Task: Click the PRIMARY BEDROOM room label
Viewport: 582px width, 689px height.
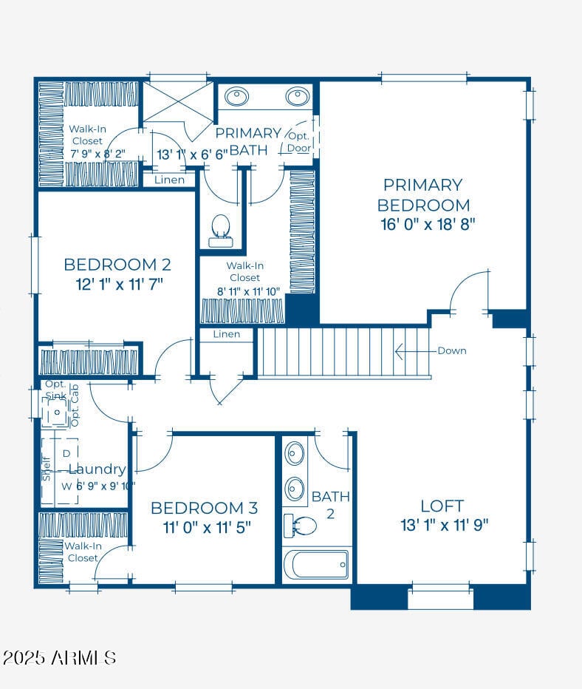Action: point(423,194)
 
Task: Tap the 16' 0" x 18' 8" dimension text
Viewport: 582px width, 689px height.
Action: point(428,225)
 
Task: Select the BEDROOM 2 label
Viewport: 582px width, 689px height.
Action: point(112,264)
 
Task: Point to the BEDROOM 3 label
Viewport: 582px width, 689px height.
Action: point(204,508)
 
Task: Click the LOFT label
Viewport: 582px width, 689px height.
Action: point(442,506)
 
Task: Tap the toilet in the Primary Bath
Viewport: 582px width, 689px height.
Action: point(220,230)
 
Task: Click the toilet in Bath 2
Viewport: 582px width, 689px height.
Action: point(301,526)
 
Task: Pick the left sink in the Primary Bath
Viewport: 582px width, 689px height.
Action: point(236,97)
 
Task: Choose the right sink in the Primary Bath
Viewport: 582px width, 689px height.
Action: point(297,97)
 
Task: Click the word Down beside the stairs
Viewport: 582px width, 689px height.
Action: point(451,350)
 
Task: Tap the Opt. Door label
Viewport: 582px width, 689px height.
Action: point(299,142)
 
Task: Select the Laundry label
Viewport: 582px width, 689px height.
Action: point(97,469)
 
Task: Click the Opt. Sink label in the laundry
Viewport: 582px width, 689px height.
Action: point(55,390)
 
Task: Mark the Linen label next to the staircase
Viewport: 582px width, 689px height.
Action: point(226,334)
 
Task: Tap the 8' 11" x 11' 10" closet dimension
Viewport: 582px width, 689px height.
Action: point(248,291)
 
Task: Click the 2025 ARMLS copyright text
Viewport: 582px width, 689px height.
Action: point(59,657)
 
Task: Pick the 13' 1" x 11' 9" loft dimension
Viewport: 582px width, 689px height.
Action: point(443,526)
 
